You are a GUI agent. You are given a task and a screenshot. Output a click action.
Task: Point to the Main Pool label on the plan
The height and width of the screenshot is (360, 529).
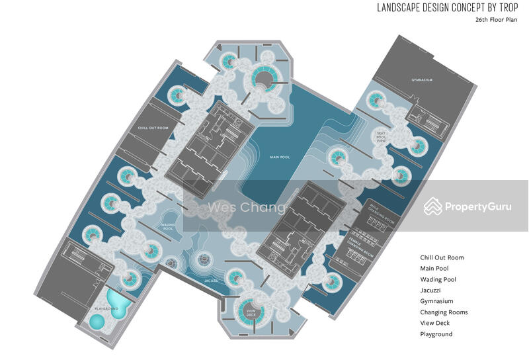[x=280, y=157]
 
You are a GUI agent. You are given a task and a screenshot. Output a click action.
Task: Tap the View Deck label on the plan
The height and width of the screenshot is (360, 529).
[x=251, y=312]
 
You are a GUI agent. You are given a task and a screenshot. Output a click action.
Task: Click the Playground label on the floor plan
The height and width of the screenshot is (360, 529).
[x=106, y=308]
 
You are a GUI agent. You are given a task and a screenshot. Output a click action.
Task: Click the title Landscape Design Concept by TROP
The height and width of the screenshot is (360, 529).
[x=448, y=8]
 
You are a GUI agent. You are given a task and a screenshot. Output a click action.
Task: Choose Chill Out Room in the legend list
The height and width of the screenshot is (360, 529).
[x=442, y=257]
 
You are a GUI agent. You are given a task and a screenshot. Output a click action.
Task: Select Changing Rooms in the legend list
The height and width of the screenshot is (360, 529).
[x=444, y=312]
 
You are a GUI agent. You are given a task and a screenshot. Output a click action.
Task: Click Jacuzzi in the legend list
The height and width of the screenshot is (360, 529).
[x=431, y=291]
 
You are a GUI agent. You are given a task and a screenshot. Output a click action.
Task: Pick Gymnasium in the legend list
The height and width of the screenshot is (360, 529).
[x=436, y=301]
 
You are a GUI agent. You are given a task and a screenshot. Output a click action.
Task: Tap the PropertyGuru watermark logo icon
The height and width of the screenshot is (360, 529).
[x=433, y=206]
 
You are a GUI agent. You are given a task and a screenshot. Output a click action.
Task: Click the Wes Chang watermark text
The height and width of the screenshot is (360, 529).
[x=247, y=208]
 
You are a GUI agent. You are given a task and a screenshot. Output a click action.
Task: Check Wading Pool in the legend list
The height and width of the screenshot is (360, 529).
[x=438, y=279]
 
